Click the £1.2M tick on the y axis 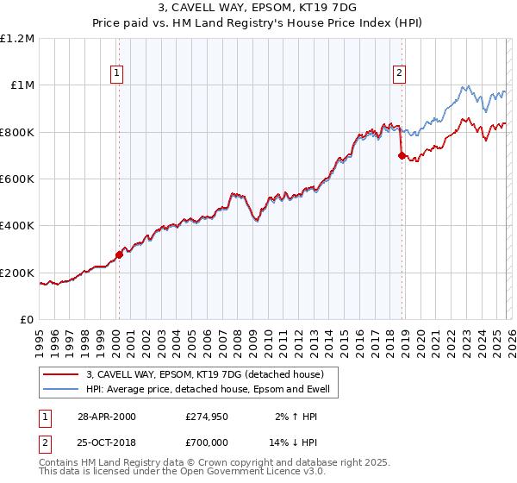pos(18,38)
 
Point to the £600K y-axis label pos(18,179)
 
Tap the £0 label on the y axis pos(27,319)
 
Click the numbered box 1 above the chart pos(117,74)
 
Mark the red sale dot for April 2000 pos(119,254)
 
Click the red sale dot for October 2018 pos(402,155)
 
